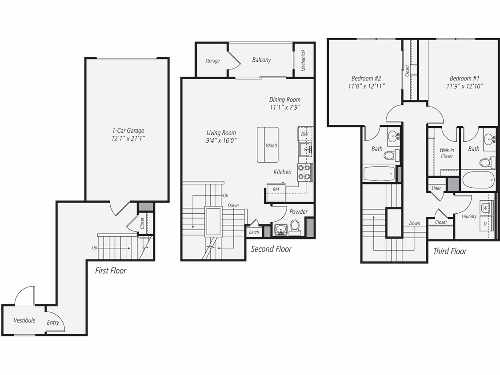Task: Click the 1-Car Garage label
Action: coord(128,131)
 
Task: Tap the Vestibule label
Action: coord(24,320)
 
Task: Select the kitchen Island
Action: coord(268,145)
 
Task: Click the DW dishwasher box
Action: coord(305,134)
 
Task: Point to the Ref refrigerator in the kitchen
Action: coord(276,189)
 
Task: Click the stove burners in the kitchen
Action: coord(305,172)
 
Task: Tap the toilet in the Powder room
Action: coord(295,227)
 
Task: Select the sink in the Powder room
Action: coord(280,229)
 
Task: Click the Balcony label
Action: coord(261,60)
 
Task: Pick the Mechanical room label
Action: coord(304,60)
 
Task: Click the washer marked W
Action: coord(485,208)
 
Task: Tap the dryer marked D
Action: coord(485,223)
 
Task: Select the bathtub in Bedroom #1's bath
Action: coord(478,180)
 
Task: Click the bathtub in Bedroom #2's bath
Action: coord(379,174)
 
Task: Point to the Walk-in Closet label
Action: coord(447,153)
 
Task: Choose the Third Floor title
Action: coord(450,251)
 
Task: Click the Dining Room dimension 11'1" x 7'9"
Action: coord(284,108)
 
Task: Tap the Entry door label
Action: coord(53,323)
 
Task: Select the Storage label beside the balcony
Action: coord(212,61)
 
